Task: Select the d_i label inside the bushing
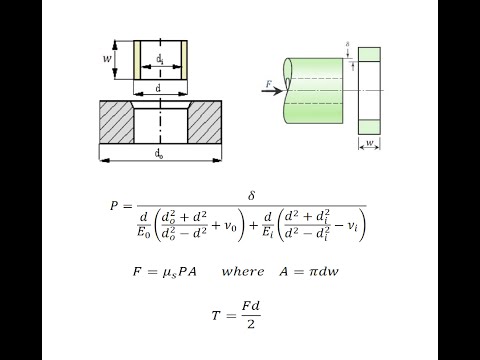pos(161,60)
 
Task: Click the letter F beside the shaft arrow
pos(268,83)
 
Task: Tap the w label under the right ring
pos(369,145)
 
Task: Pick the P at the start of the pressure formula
pos(114,206)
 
